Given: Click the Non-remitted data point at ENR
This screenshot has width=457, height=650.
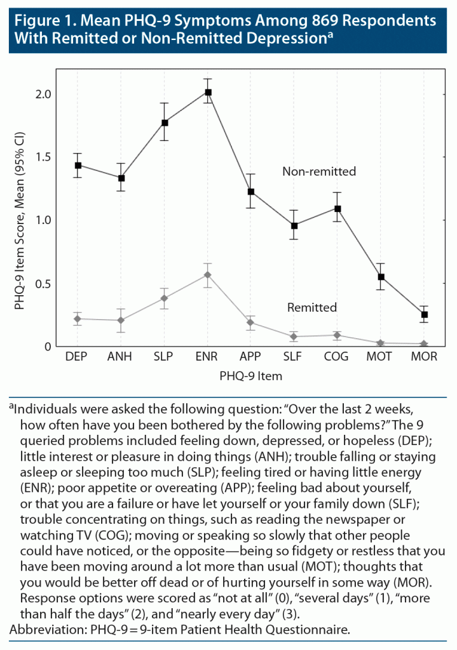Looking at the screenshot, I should coord(208,92).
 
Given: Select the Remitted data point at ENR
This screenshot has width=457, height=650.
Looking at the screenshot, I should coord(208,275).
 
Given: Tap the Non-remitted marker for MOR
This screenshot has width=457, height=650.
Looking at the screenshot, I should coord(425,314).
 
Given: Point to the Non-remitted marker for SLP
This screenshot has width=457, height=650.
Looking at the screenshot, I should coord(165,123).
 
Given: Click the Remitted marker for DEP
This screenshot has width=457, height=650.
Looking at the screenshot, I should coord(78,319).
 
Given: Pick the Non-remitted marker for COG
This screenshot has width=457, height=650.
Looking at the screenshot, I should coord(338,208).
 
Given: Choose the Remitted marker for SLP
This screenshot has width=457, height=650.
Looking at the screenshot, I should coord(165,298).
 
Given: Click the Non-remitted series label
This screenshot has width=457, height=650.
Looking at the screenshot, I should coord(319,171).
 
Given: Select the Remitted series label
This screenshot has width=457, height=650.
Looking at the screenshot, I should coord(311,308).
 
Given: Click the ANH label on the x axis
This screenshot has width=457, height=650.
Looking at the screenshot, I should coord(121,357).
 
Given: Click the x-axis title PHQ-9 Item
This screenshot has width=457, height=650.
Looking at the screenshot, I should coord(250,376).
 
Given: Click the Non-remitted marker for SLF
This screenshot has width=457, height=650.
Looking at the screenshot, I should coord(294,225).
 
